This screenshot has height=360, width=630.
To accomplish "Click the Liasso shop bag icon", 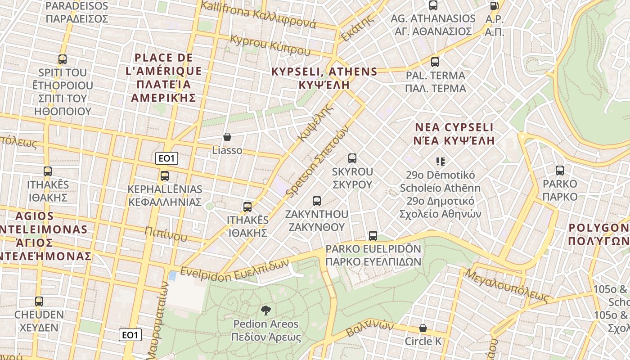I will [x=227, y=137].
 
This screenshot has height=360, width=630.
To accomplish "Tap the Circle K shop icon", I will [x=423, y=328].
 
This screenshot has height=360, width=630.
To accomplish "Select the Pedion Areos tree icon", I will [x=265, y=310].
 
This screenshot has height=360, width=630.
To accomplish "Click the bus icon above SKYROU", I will [x=352, y=158].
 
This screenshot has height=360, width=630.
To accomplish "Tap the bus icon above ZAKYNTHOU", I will [x=317, y=201].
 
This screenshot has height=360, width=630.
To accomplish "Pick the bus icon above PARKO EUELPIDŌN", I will [x=373, y=235].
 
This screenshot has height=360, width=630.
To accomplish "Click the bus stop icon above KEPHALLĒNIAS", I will [x=165, y=176].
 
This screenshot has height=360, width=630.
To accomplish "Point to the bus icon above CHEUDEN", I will [x=39, y=301].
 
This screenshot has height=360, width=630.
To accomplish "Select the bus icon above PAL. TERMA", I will [x=435, y=62].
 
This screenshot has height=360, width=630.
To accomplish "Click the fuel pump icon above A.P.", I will [x=494, y=6].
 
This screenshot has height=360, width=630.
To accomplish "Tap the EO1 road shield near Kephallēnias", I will [x=166, y=158].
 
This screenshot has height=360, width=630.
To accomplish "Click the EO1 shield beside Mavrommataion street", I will [x=130, y=335].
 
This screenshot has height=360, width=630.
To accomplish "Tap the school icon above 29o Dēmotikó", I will [x=441, y=161].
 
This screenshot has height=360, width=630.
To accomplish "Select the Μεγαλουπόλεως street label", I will [x=507, y=285].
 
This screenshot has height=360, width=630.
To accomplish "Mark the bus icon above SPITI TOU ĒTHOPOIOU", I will [x=63, y=59].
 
